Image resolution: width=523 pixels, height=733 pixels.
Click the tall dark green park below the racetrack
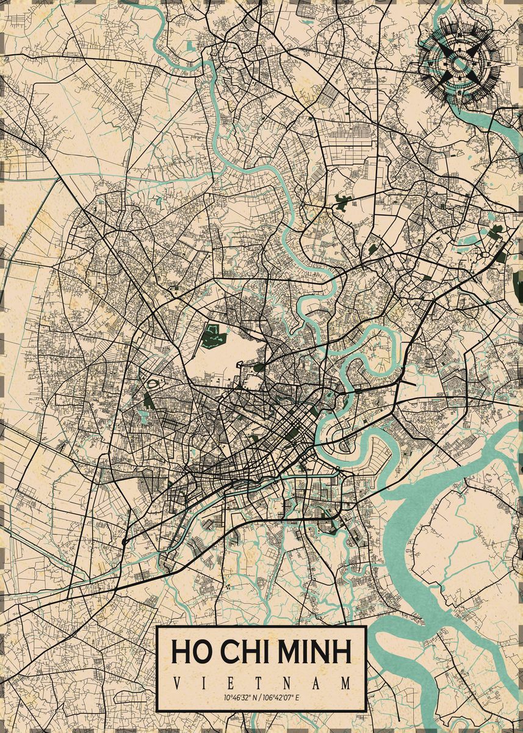(x=148, y=400)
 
